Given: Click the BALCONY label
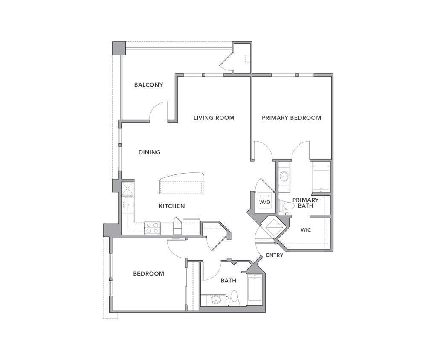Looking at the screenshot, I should click(148, 84).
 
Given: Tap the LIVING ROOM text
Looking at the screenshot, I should click(214, 118).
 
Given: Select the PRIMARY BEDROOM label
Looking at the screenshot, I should click(291, 118).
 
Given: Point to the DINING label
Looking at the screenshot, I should click(149, 152).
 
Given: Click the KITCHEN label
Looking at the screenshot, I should click(172, 206).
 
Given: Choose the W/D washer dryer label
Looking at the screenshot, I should click(265, 202).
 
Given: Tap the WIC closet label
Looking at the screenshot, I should click(306, 230).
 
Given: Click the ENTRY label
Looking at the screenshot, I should click(275, 255).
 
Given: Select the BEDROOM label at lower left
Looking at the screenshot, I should click(148, 273).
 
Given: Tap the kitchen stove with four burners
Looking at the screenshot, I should click(152, 228).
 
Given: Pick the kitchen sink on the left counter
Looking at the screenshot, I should click(127, 205).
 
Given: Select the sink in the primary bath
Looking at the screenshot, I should click(284, 176).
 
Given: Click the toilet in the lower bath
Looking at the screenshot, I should click(234, 298).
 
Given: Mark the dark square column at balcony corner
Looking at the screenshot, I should click(119, 48).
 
